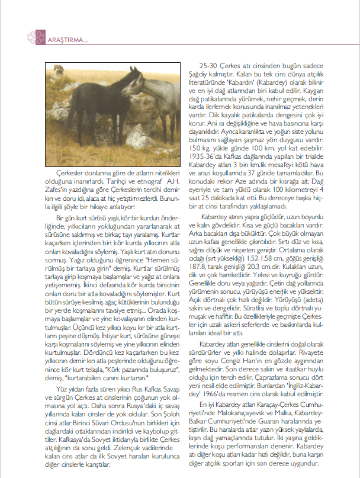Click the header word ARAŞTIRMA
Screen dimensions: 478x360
[67, 40]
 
